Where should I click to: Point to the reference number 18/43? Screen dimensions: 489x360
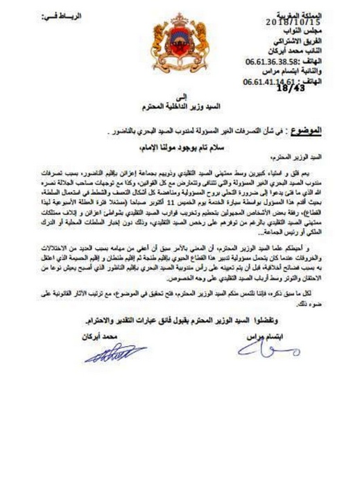pos(289,88)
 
